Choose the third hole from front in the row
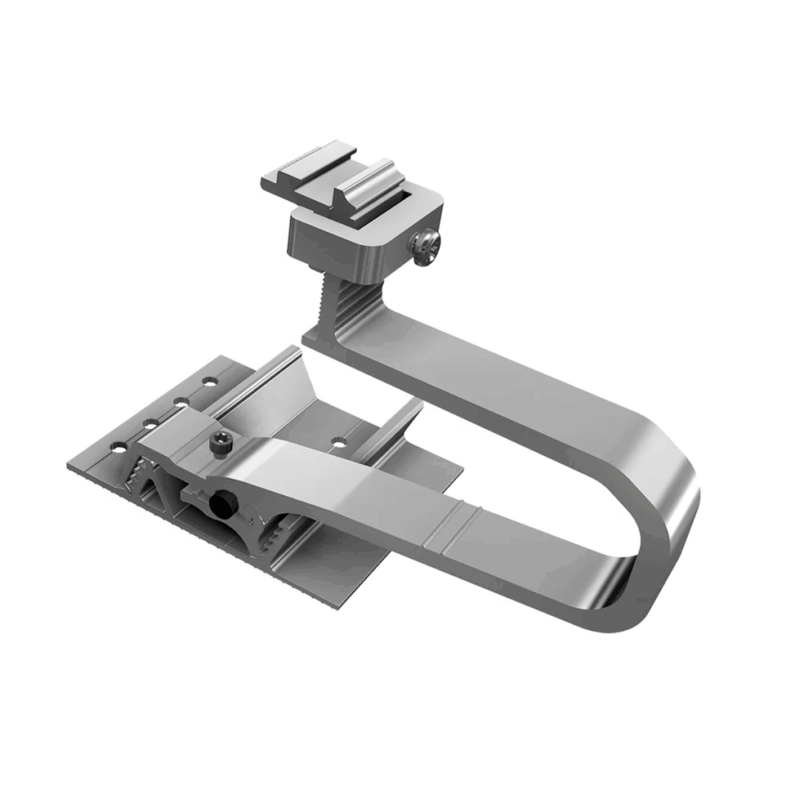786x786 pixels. tap(179, 400)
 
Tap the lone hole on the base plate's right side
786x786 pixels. tap(338, 442)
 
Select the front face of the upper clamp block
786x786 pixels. tap(322, 242)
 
